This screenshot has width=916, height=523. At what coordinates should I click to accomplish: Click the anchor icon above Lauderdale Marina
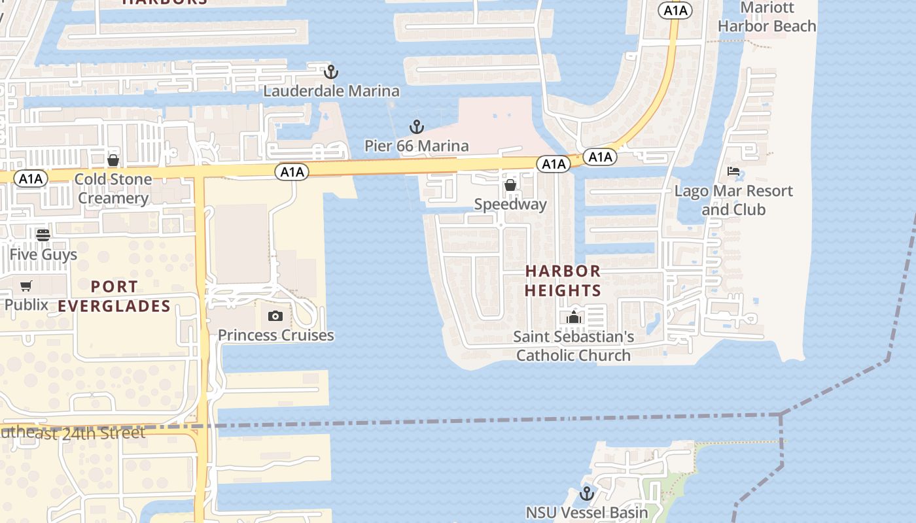pos(331,71)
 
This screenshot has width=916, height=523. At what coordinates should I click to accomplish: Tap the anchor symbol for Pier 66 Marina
pos(417,126)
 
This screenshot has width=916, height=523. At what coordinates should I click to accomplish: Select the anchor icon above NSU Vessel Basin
pos(587,493)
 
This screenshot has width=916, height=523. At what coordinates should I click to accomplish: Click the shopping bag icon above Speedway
pos(510,186)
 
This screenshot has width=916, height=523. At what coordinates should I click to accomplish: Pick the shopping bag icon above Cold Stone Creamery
pos(113,160)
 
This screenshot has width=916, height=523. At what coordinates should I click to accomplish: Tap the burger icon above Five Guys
pos(43,235)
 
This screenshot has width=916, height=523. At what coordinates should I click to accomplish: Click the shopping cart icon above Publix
pos(26,286)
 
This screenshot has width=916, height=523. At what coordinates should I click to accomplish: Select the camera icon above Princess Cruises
pos(275,316)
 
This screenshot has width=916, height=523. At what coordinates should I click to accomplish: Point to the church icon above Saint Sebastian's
pos(574,318)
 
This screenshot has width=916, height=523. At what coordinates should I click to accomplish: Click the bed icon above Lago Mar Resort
pos(733,172)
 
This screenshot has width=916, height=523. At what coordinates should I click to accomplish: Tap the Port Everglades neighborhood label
pos(114,296)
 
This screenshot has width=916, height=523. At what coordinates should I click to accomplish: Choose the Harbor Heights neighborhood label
pos(563,280)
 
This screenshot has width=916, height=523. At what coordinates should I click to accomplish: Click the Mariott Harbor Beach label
pos(767,17)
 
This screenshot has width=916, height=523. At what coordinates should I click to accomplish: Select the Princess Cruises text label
pos(275,335)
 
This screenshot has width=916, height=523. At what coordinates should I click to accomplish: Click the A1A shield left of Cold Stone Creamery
pos(31,179)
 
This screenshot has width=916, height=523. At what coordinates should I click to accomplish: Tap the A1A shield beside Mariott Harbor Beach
pos(675,10)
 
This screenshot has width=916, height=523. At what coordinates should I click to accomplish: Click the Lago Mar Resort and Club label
pos(733,200)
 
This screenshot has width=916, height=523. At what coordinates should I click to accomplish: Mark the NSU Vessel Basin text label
pos(587,513)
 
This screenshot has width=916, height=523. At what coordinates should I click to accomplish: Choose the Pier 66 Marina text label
pos(417,146)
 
